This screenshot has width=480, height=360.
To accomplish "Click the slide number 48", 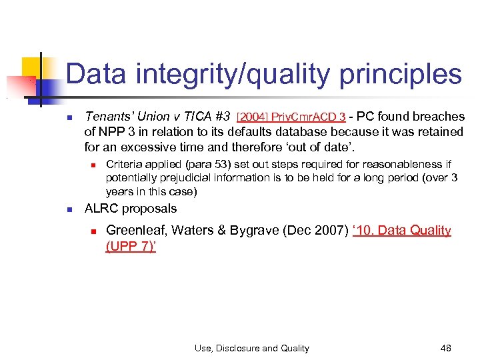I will [x=446, y=348].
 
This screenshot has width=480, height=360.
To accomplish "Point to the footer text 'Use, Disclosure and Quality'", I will [x=252, y=348].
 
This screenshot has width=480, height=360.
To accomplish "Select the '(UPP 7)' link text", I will [x=131, y=246].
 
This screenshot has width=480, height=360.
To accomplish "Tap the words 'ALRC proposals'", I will [x=131, y=209].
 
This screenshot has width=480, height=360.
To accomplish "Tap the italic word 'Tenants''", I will [x=109, y=117].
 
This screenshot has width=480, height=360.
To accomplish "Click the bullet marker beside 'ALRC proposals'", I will [x=69, y=209].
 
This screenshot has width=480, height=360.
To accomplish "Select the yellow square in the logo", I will [x=32, y=68].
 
